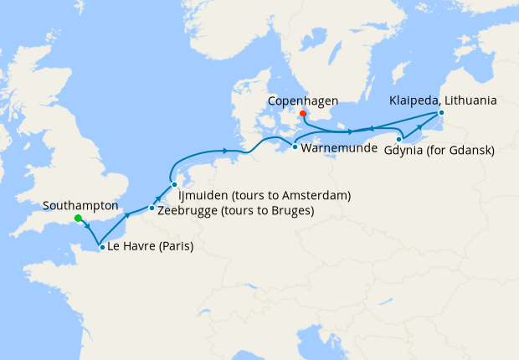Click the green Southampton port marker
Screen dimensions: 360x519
tap(78, 219)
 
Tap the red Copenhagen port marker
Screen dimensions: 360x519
tap(304, 115)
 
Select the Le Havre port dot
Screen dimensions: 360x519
tap(101, 247)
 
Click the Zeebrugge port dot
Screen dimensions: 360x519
tap(152, 208)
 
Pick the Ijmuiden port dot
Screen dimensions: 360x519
tap(174, 184)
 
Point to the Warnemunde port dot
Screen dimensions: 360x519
tap(295, 147)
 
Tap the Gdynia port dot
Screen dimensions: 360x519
tap(399, 139)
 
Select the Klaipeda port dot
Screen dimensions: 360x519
tap(441, 111)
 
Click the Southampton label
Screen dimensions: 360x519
tap(81, 205)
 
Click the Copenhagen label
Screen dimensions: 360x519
tap(303, 101)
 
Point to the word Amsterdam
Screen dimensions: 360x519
tap(313, 195)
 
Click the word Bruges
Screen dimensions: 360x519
tap(289, 210)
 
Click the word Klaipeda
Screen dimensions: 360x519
tap(414, 100)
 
